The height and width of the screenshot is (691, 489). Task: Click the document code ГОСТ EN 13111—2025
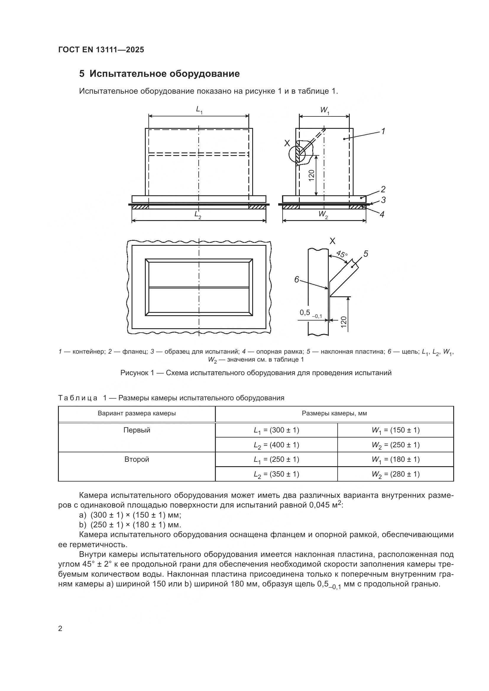(x=101, y=50)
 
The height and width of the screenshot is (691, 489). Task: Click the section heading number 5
(x=82, y=74)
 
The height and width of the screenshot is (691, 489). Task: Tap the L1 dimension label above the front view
(x=199, y=110)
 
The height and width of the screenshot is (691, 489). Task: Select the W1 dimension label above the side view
(x=325, y=110)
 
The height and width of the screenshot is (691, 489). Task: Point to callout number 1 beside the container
(x=383, y=131)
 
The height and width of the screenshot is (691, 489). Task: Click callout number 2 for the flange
(x=383, y=189)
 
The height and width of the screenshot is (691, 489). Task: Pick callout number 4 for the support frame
(x=382, y=214)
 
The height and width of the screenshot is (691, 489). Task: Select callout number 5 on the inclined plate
(x=365, y=254)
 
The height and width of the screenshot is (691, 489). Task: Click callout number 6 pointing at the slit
(x=297, y=279)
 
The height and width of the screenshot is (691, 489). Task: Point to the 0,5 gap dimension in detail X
(x=305, y=313)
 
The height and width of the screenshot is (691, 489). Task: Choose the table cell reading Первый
(x=137, y=430)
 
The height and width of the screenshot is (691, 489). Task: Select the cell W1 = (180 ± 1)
(x=395, y=460)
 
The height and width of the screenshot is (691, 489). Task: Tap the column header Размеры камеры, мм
(x=334, y=414)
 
